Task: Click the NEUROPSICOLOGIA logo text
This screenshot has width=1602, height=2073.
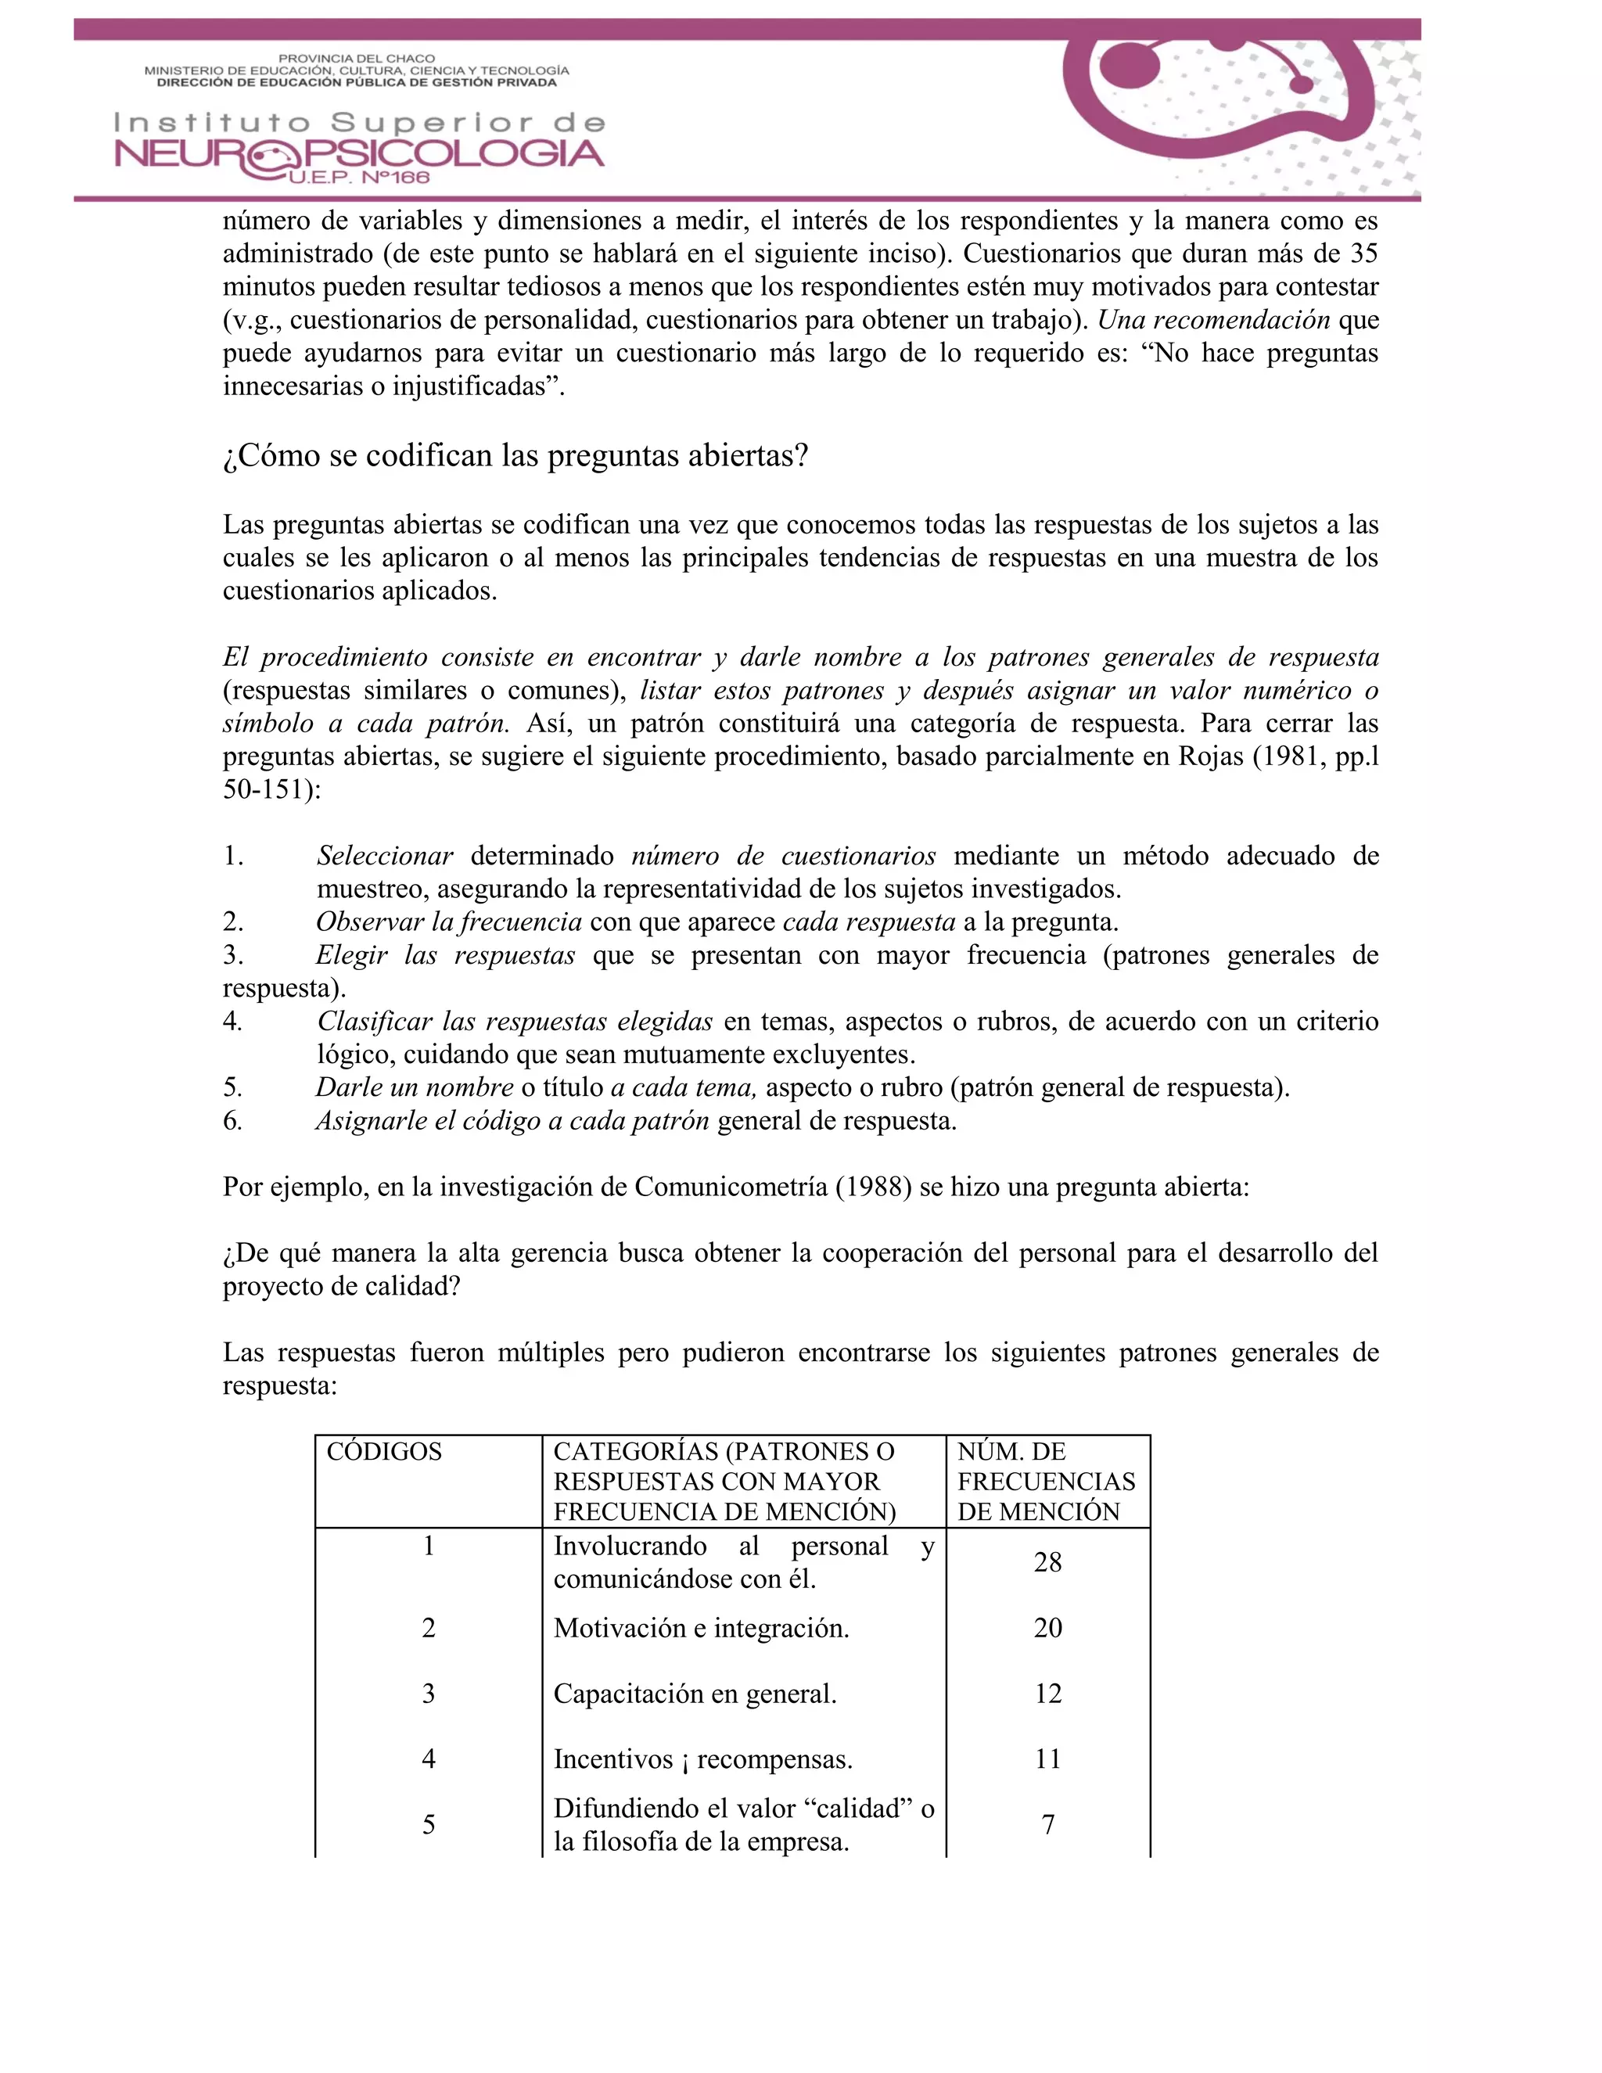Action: (x=359, y=154)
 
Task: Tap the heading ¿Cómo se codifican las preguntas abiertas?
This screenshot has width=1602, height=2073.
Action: (x=515, y=455)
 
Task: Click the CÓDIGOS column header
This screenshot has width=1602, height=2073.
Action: (x=384, y=1451)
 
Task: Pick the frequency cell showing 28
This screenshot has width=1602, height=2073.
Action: (x=1047, y=1562)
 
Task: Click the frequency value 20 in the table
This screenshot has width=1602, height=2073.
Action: (x=1047, y=1628)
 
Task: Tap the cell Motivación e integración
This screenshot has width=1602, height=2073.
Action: (x=702, y=1628)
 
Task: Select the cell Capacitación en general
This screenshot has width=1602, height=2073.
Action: (x=695, y=1694)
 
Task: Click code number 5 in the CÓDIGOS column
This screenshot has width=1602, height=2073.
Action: (x=428, y=1824)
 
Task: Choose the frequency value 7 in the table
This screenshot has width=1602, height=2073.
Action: (x=1047, y=1824)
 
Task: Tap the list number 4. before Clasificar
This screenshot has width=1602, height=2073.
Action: (x=232, y=1022)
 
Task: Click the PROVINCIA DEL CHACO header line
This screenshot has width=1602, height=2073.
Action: (x=357, y=59)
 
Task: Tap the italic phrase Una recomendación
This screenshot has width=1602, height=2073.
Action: (x=1214, y=320)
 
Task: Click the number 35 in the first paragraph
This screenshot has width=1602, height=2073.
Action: (x=1363, y=253)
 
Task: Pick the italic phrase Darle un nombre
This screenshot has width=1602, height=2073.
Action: (x=415, y=1088)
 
